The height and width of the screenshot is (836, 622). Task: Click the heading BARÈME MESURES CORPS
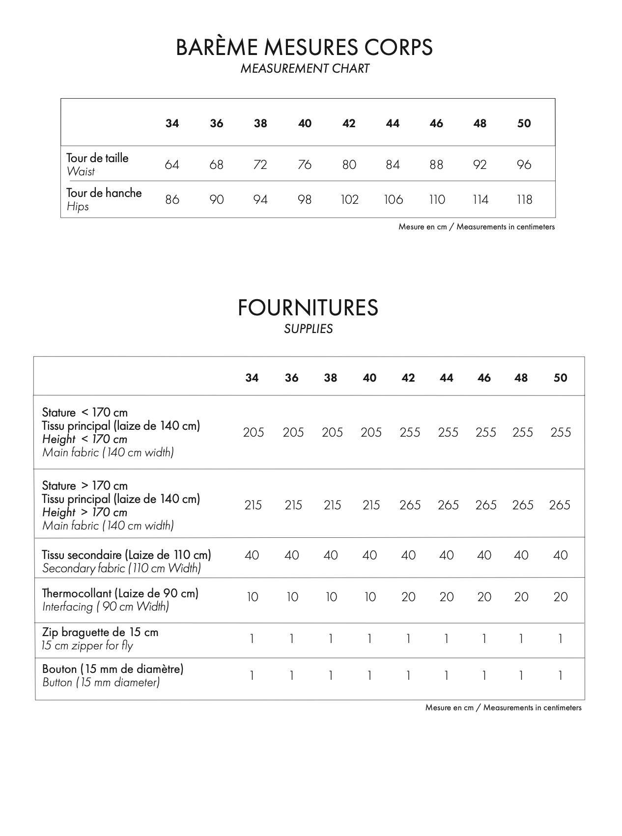[304, 47]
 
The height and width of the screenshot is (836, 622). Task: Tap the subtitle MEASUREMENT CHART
[305, 69]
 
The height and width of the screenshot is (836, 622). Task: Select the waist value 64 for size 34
[172, 165]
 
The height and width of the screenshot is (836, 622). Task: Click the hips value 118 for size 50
[524, 199]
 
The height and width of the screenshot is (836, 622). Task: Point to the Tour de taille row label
[97, 158]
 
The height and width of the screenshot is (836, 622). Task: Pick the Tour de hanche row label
[104, 193]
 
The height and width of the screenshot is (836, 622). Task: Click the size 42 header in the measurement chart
[349, 123]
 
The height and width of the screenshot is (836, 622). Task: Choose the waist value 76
[305, 165]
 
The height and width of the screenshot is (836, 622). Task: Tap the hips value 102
[349, 199]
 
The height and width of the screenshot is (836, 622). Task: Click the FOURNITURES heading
[308, 308]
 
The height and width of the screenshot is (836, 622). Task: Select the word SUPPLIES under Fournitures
[308, 329]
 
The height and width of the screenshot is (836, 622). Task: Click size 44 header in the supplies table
[446, 378]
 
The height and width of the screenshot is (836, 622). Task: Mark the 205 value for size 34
[254, 432]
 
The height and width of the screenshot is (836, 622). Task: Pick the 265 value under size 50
[560, 505]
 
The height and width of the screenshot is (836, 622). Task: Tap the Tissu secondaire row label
[126, 555]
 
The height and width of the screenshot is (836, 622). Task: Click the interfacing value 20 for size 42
[408, 597]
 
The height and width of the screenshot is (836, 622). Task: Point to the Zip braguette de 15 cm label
[100, 632]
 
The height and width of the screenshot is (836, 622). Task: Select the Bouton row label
[113, 669]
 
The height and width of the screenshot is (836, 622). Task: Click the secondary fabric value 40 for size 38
[331, 555]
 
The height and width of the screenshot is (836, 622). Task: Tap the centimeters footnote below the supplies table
[503, 708]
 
